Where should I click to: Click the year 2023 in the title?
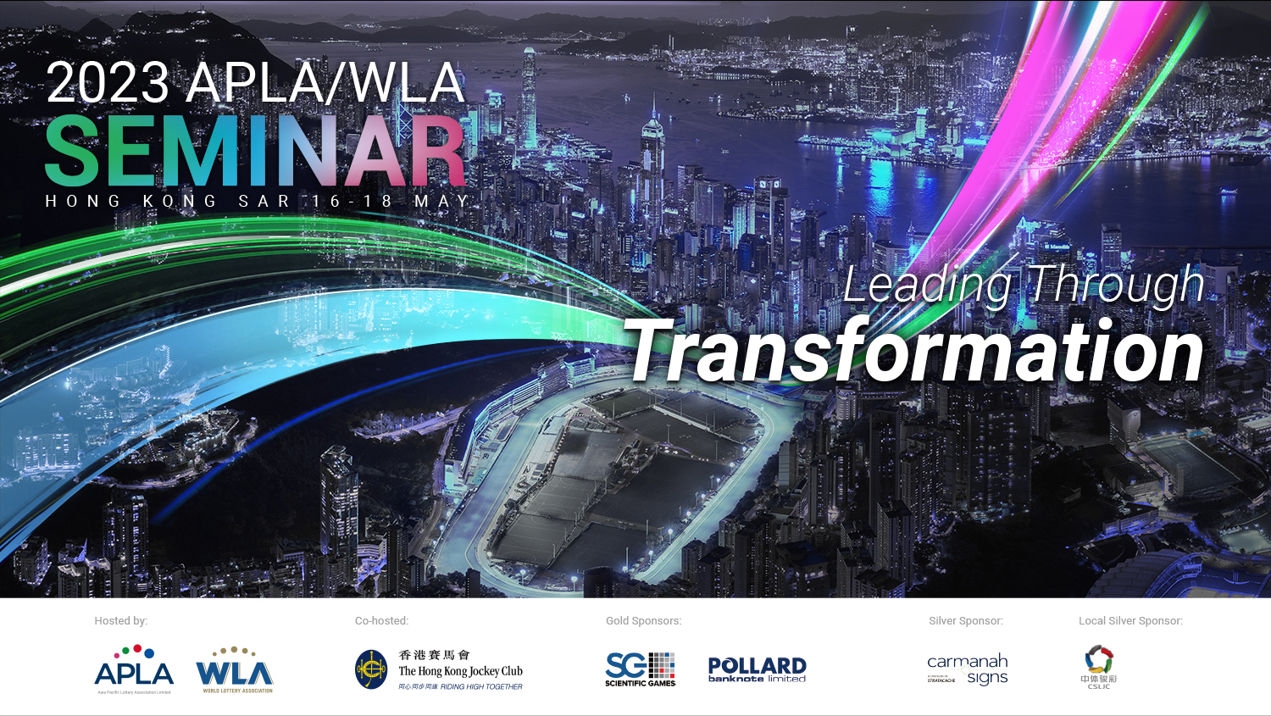click(108, 83)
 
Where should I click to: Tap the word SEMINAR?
click(255, 151)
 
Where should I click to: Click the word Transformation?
click(915, 352)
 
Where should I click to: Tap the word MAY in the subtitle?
click(441, 202)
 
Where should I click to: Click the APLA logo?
click(134, 669)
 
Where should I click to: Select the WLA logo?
click(235, 670)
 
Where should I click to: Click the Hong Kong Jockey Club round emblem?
click(371, 669)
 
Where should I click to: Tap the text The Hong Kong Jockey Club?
click(460, 671)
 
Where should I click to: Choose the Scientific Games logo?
click(641, 669)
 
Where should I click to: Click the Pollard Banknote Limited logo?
click(757, 669)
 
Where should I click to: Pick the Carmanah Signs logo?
click(967, 669)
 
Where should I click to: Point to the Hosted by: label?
click(120, 621)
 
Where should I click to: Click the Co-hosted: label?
click(381, 621)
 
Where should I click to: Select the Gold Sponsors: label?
click(643, 621)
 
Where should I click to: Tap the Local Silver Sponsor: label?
click(1130, 621)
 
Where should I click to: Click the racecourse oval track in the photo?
click(619, 483)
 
